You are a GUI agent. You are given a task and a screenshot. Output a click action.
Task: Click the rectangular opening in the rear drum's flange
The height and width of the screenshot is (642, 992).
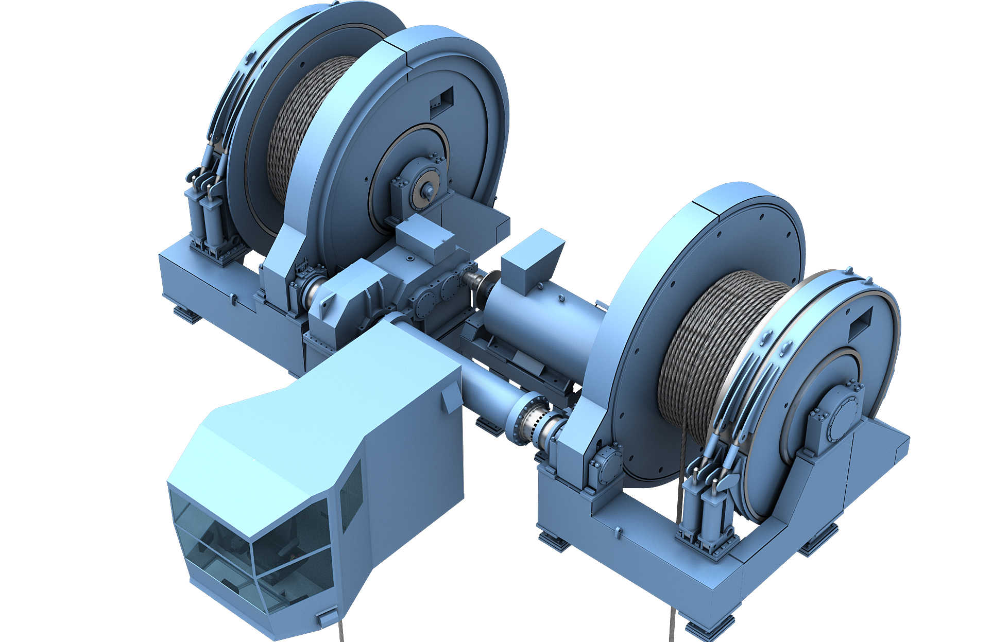pos(441,101)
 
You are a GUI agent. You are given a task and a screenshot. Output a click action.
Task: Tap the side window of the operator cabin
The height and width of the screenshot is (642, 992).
pos(351,497)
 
